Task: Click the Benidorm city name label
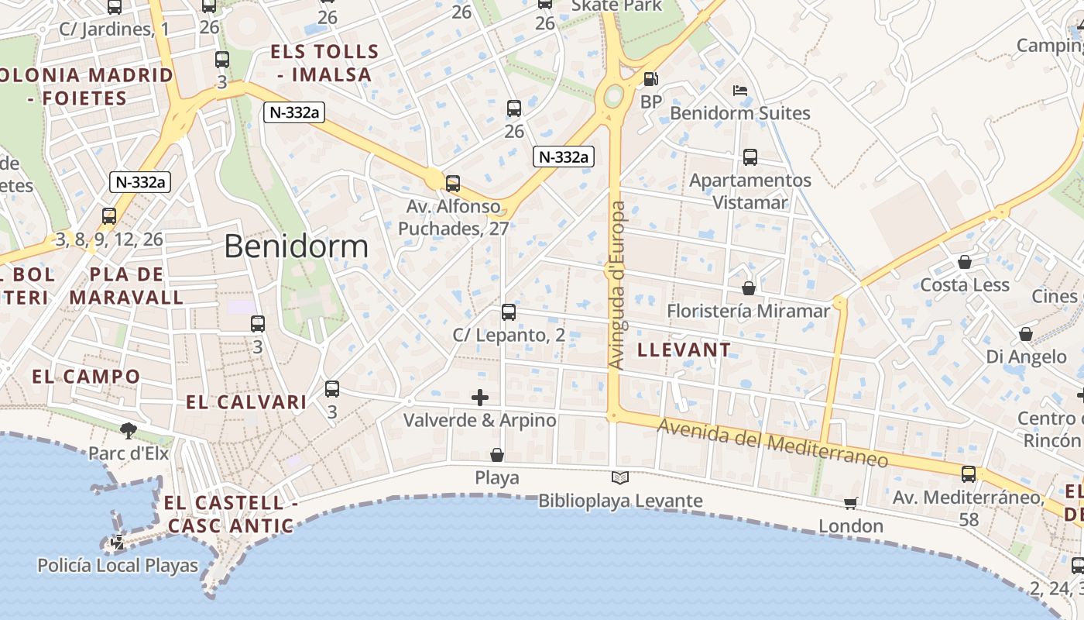click(297, 246)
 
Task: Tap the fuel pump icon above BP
click(650, 78)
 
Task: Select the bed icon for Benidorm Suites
click(740, 90)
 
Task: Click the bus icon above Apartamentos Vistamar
click(750, 157)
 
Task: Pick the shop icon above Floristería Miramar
click(749, 288)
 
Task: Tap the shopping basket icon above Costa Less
click(965, 262)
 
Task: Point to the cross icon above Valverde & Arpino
click(480, 398)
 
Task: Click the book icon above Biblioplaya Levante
click(620, 478)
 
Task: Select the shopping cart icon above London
click(851, 503)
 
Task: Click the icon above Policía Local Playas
click(118, 542)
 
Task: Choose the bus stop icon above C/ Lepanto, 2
click(509, 312)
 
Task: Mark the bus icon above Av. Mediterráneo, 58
click(969, 474)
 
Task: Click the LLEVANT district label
click(684, 350)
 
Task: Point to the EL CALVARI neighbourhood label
click(246, 402)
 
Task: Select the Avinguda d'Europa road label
click(617, 284)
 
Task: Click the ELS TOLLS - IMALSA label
click(324, 64)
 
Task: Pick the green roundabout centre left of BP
click(613, 97)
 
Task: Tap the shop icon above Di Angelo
click(1026, 334)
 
